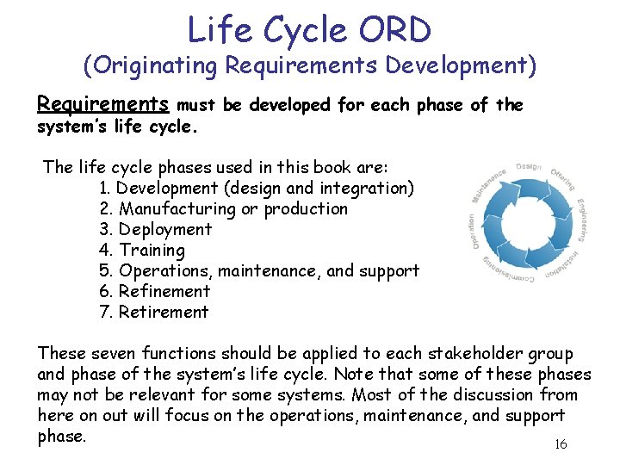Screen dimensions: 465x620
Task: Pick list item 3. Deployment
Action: coord(156,229)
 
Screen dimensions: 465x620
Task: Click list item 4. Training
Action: coord(143,250)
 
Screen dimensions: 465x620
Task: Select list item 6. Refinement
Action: coord(155,291)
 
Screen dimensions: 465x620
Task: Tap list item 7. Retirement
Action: coord(154,312)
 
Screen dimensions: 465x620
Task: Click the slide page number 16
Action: coord(560,444)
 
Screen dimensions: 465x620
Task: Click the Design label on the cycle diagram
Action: coord(528,166)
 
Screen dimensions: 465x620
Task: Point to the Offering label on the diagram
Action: coord(563,177)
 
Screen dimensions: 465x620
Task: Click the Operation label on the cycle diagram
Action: coord(473,232)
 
